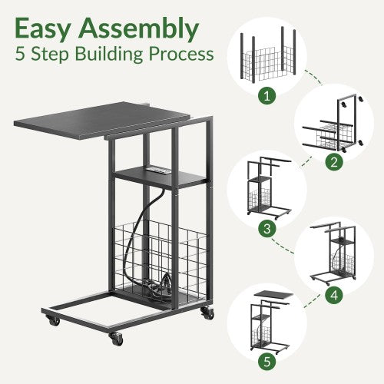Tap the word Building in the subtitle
(x=109, y=55)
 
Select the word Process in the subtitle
(x=181, y=55)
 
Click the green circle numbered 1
(x=267, y=96)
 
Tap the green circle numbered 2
(x=334, y=162)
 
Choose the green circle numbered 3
(x=267, y=228)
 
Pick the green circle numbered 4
(x=334, y=295)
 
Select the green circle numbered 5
(x=267, y=362)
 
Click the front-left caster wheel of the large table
(x=116, y=339)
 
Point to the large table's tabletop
(x=102, y=120)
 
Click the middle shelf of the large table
(x=161, y=177)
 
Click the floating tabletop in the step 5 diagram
(x=274, y=296)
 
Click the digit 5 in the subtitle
(x=20, y=54)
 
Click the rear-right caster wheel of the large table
(x=207, y=313)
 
